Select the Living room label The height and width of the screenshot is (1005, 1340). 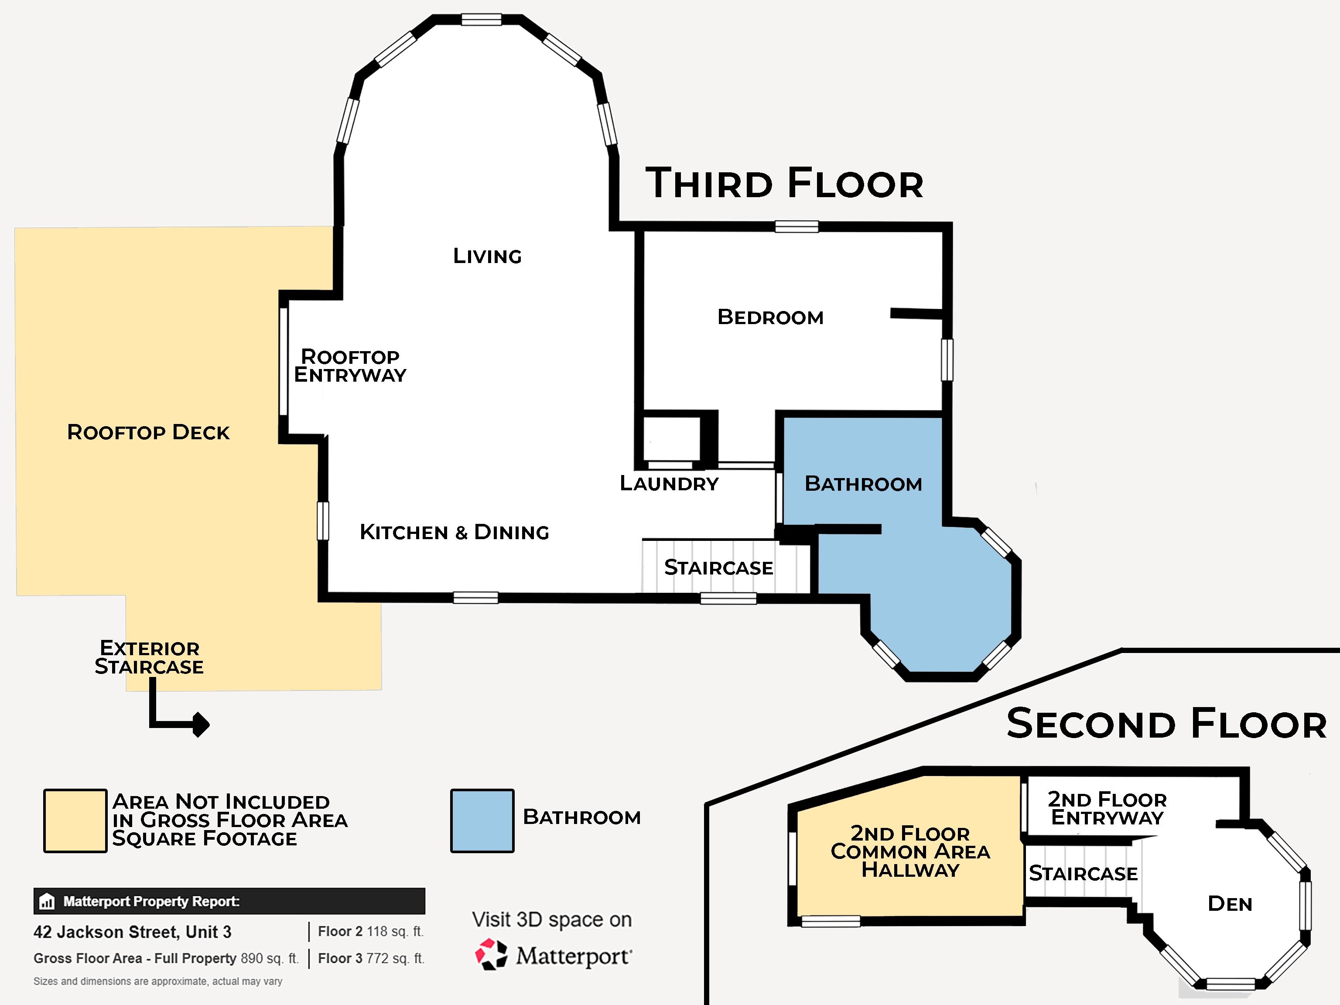click(x=487, y=256)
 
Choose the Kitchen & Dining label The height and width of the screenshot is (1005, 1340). click(x=455, y=532)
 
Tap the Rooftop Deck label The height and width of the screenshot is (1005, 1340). click(x=148, y=432)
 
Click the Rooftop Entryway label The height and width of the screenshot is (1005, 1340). click(x=350, y=365)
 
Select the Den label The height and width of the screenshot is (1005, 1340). click(x=1230, y=903)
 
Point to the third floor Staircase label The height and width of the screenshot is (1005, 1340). click(x=718, y=567)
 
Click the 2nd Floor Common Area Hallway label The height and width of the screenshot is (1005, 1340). click(x=910, y=851)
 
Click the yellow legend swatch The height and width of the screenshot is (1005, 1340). click(x=75, y=821)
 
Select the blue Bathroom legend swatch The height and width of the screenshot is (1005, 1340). click(x=482, y=821)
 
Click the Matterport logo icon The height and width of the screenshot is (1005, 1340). click(x=491, y=955)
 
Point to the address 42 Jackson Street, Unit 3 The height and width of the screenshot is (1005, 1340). click(x=132, y=932)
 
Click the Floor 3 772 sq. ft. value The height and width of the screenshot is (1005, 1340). click(x=371, y=958)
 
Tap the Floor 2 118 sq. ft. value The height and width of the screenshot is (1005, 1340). click(x=371, y=931)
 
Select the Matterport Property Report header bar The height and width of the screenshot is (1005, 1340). click(x=229, y=901)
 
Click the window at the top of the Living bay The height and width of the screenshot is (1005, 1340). click(x=481, y=19)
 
